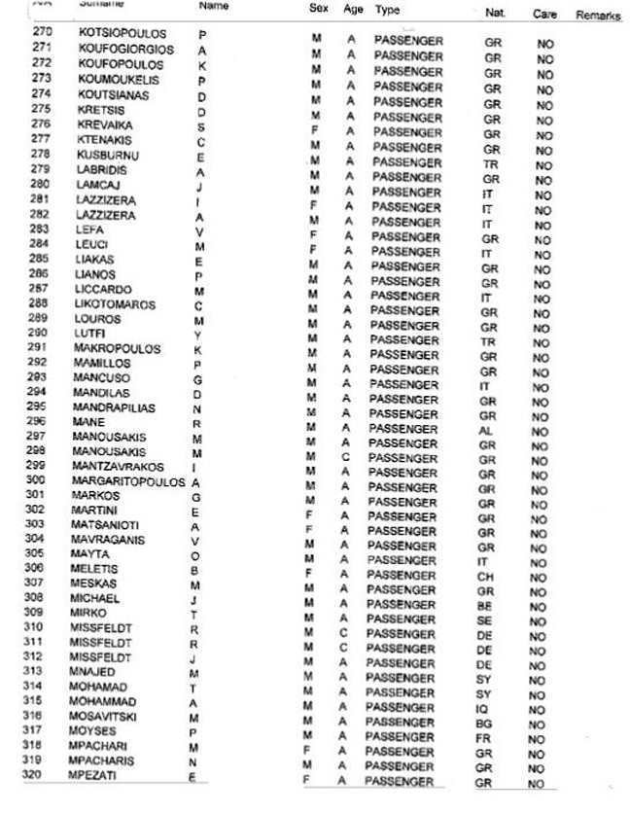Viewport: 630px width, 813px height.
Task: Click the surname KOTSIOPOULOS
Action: (x=122, y=34)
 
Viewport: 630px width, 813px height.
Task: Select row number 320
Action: (x=41, y=775)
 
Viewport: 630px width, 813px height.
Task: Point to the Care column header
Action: (x=543, y=15)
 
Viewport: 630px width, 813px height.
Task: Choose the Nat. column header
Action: (x=493, y=13)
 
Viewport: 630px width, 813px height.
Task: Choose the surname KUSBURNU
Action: (x=108, y=154)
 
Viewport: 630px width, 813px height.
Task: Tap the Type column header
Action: (x=386, y=9)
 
